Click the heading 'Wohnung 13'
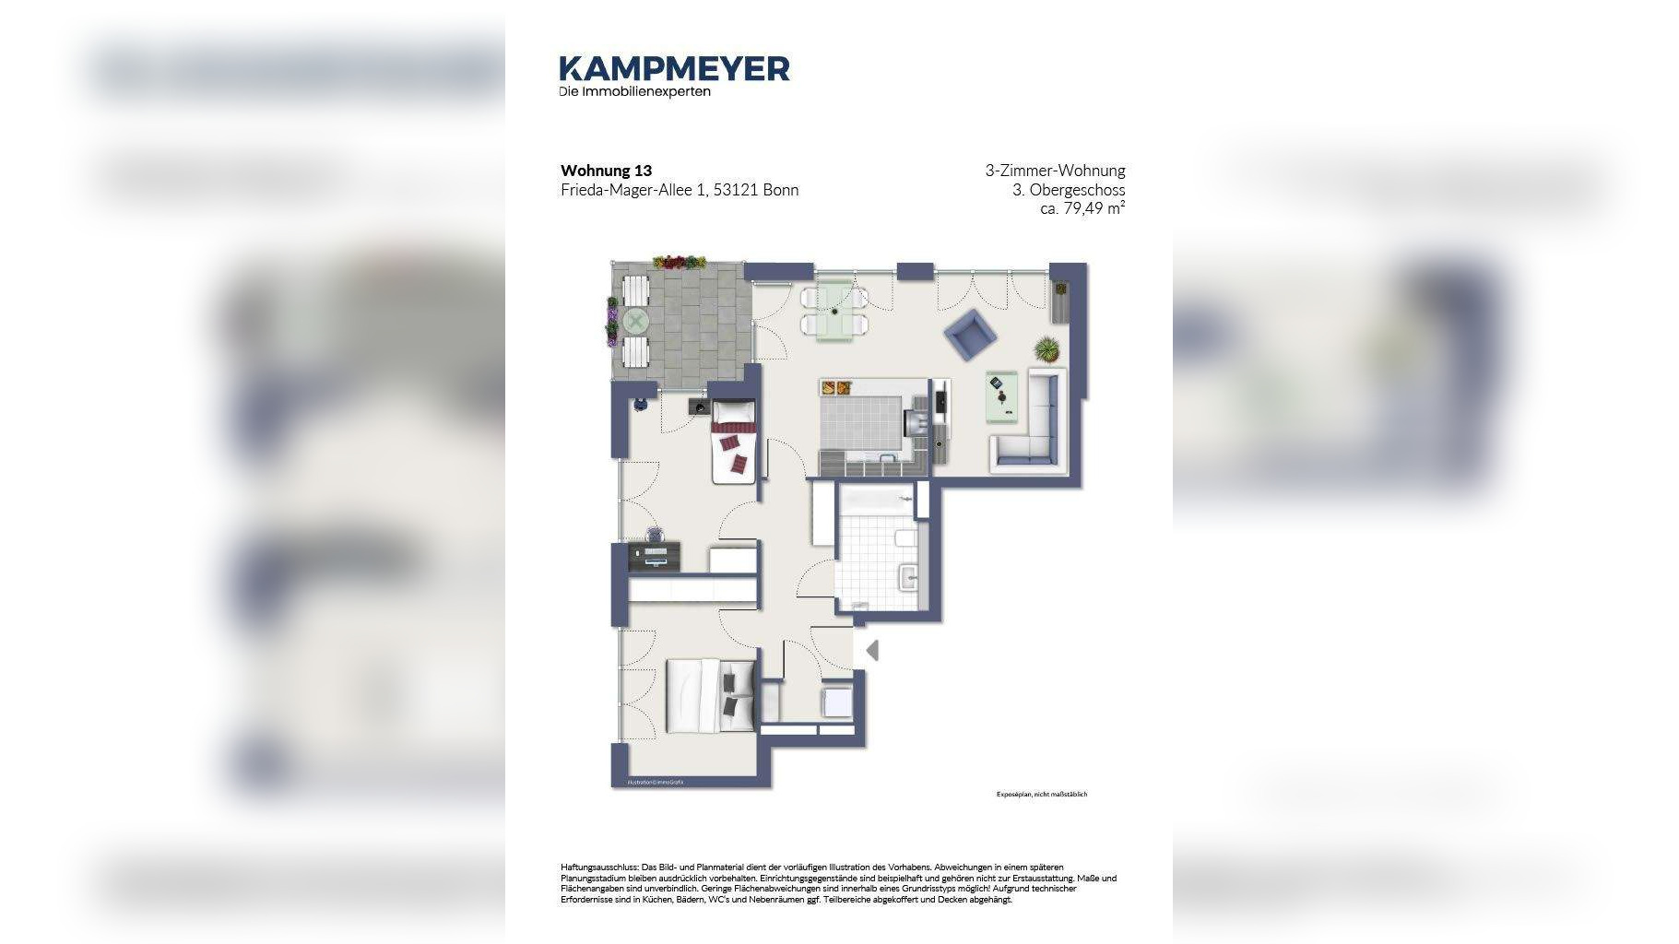click(x=606, y=171)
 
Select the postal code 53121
click(x=736, y=190)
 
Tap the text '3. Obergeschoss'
click(x=1068, y=190)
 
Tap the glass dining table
click(x=835, y=311)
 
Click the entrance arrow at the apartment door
click(x=871, y=651)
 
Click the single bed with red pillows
click(x=734, y=442)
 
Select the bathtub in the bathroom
click(x=876, y=501)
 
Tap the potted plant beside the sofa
click(x=1046, y=349)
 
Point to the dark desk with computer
click(x=655, y=556)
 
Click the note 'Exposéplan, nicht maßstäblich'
click(x=1041, y=794)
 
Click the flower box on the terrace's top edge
click(x=678, y=262)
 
